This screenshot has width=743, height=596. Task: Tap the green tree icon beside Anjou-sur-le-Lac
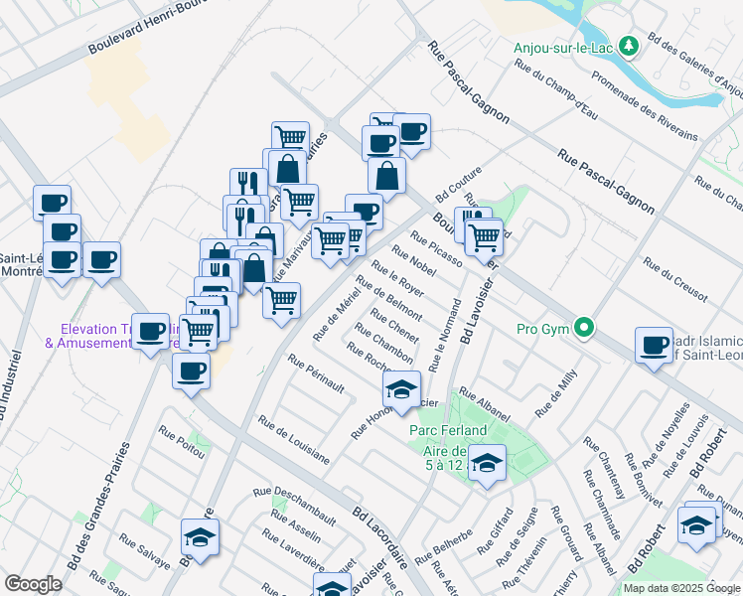tap(628, 46)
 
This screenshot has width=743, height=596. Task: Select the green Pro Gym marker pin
tap(586, 328)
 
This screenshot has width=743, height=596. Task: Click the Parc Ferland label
tap(448, 430)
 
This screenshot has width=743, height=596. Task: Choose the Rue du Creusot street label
tap(675, 279)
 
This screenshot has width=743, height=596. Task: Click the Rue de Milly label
tap(556, 393)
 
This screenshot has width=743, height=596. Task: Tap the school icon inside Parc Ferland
tap(487, 462)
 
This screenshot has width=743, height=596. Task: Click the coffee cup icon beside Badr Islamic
tap(655, 344)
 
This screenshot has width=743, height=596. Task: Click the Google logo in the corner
tap(33, 584)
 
